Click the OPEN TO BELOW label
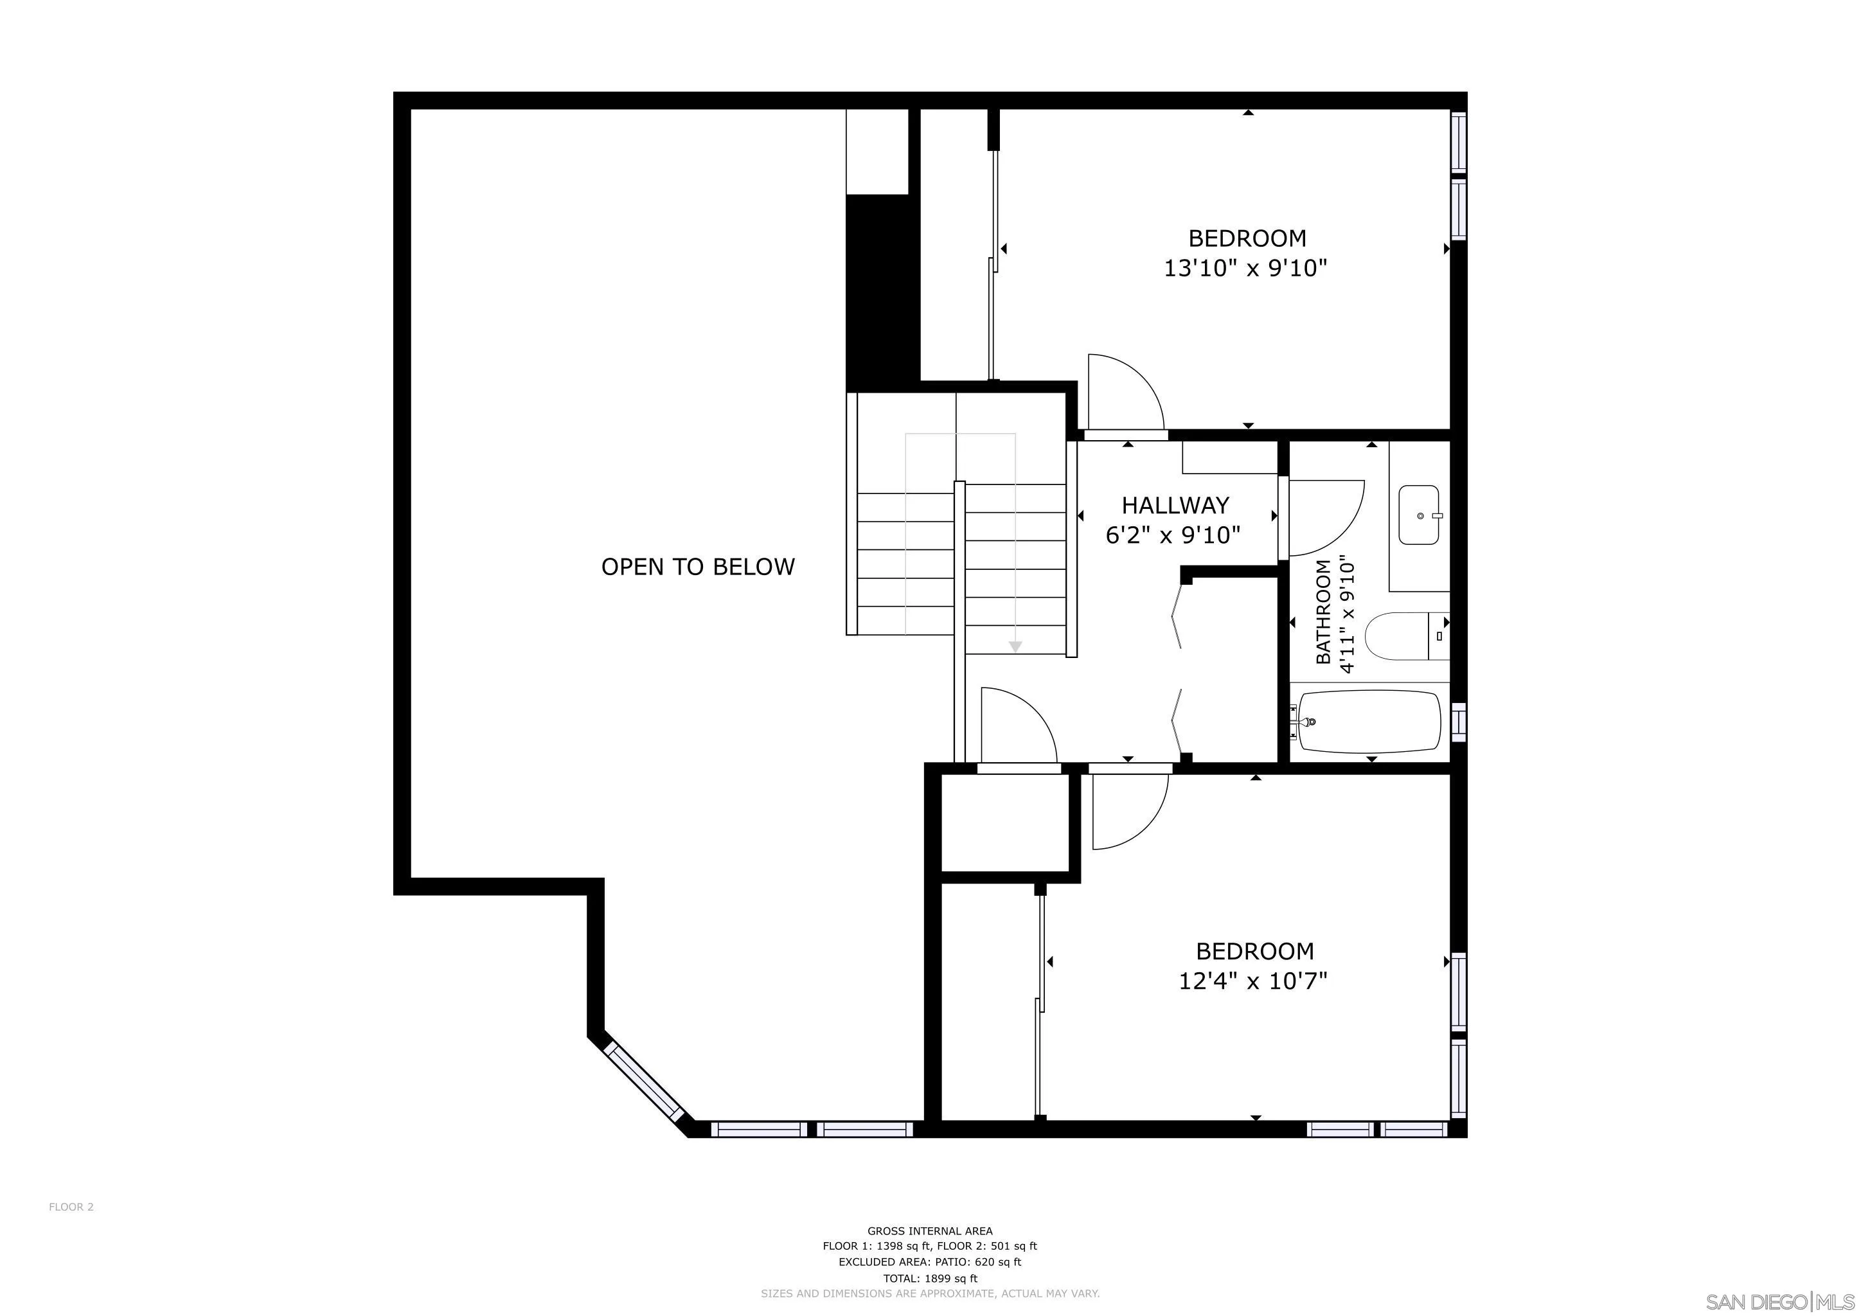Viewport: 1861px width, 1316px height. (x=698, y=566)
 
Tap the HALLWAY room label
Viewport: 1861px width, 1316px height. (x=1175, y=506)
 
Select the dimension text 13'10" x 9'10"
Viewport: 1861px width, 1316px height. (x=1246, y=268)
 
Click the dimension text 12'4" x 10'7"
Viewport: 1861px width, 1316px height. (x=1252, y=981)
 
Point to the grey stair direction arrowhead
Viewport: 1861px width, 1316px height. (x=1015, y=646)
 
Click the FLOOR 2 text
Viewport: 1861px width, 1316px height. (x=71, y=1207)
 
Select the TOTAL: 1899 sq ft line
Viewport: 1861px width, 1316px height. (x=930, y=1279)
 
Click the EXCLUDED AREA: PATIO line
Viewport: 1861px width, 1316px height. (x=930, y=1263)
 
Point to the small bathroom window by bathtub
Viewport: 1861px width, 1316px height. (x=1458, y=721)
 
